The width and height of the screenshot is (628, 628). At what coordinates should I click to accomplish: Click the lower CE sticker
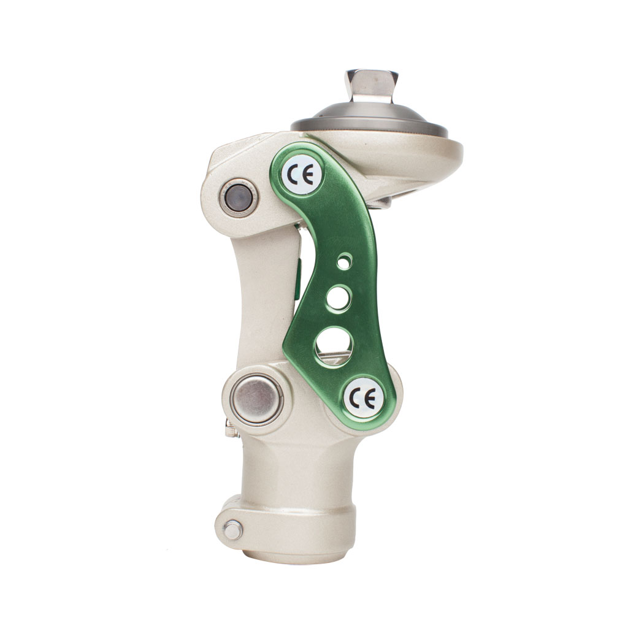tap(364, 398)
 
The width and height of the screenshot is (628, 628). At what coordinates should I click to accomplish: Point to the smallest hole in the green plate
tap(343, 261)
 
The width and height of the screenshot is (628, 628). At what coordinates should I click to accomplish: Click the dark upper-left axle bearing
tap(239, 198)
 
